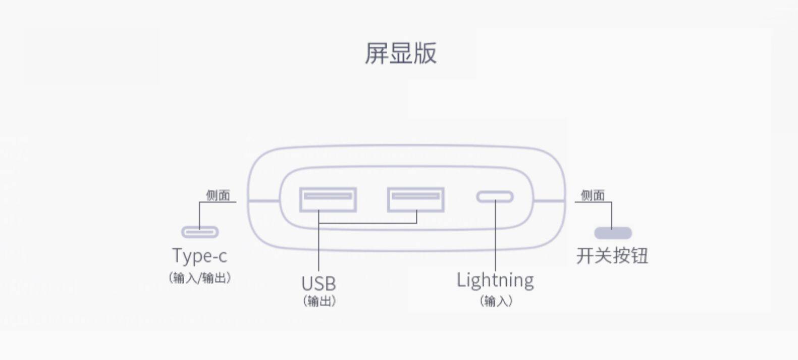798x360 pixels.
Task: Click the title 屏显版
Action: pos(400,53)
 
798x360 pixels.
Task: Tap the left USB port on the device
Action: pos(328,199)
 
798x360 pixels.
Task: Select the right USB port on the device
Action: pos(415,199)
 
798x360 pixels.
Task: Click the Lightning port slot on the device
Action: pos(495,196)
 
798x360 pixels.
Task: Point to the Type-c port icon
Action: pos(200,232)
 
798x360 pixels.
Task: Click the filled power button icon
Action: pos(613,233)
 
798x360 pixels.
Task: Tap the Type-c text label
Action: pos(199,255)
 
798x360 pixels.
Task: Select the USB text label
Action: pos(318,283)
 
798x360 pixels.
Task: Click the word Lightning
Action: pos(495,280)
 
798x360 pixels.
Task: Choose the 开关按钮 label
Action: pos(612,255)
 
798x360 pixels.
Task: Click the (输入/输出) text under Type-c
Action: pos(199,278)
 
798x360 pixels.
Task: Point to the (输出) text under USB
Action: pos(319,301)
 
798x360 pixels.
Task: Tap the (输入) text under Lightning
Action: pos(496,301)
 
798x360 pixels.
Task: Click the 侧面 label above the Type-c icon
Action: pos(218,195)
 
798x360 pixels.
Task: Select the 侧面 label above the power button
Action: pos(593,195)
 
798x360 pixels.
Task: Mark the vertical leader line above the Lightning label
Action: pos(495,237)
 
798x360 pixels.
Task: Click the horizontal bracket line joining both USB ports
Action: pos(367,223)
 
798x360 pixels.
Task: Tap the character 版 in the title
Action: pos(425,53)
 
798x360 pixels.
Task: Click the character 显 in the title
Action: pos(400,53)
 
